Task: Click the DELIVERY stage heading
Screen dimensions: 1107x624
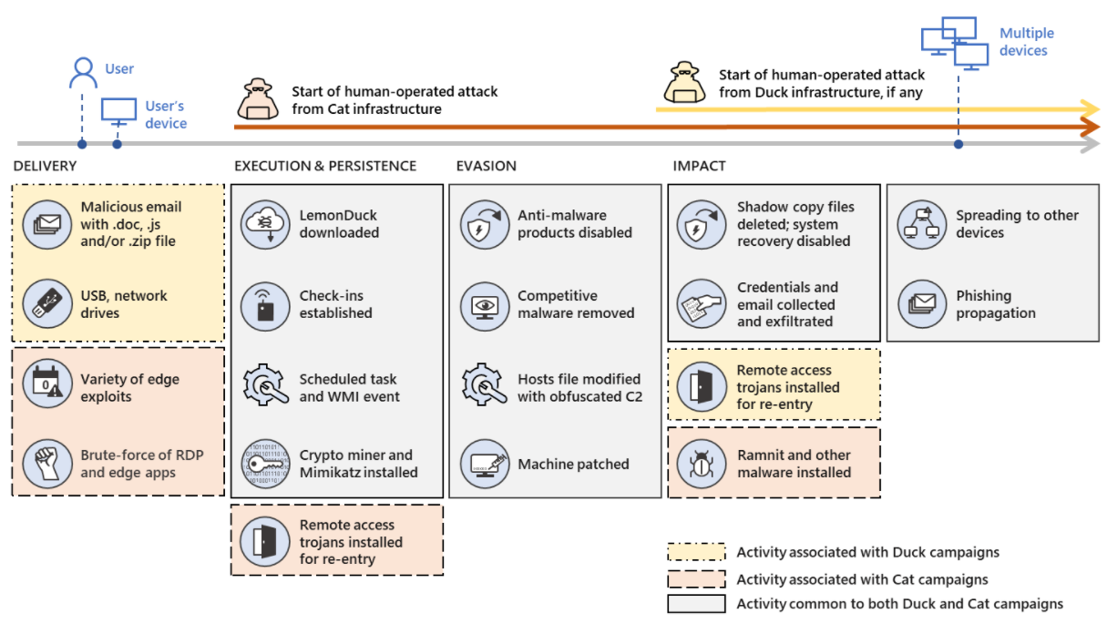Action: (x=45, y=166)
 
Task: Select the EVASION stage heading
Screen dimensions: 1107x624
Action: (x=487, y=166)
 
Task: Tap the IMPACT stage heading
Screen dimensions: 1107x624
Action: (x=700, y=166)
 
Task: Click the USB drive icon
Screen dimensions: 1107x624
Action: (x=47, y=304)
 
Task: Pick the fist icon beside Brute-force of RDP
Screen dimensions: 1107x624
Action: (x=47, y=464)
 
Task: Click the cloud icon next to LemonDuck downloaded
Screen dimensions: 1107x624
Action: (x=265, y=224)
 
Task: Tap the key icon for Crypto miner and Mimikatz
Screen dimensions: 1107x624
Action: (x=265, y=464)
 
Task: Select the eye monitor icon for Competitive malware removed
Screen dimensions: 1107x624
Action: (x=485, y=306)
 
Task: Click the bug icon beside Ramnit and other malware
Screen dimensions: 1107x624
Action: (x=702, y=464)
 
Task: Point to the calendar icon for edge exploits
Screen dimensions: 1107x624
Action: (x=47, y=384)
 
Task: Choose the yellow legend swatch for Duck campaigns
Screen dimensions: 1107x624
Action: (x=696, y=552)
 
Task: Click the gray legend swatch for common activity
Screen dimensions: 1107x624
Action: (x=696, y=604)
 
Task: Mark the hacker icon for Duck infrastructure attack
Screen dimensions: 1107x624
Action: (x=684, y=82)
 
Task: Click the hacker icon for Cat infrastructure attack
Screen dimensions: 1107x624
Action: (x=258, y=98)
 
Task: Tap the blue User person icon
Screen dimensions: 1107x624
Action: (x=83, y=73)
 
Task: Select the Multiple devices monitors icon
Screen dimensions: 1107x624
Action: (x=955, y=43)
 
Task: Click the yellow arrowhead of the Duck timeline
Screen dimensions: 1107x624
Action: (x=1090, y=108)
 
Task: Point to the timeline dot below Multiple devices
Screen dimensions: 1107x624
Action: (x=958, y=144)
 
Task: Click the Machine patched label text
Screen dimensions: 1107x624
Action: (x=573, y=464)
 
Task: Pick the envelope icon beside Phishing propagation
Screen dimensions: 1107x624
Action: (x=922, y=304)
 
